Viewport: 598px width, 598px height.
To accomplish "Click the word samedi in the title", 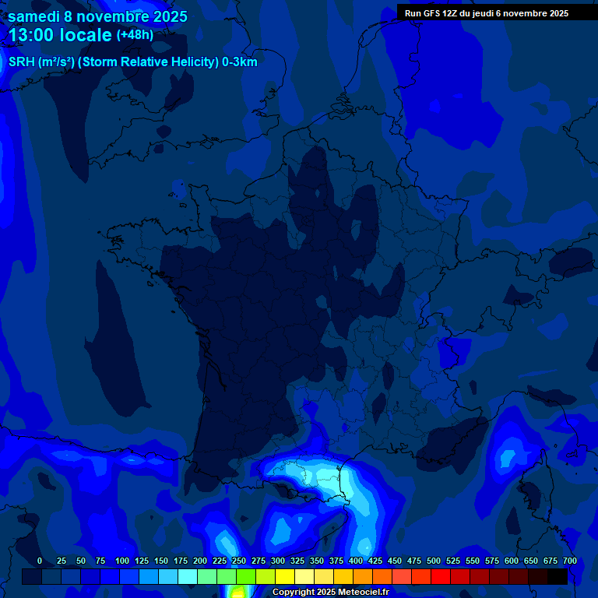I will [33, 16].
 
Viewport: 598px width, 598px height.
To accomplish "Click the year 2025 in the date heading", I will [166, 16].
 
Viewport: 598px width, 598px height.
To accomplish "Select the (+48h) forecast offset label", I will [135, 35].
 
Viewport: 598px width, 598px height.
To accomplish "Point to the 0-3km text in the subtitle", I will [240, 62].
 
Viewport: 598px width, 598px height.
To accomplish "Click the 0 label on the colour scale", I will [40, 561].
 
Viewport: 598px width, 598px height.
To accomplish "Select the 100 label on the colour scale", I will [121, 561].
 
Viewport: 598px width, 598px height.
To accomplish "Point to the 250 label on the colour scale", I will [238, 561].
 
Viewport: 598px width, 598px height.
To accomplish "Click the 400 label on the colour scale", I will [355, 561].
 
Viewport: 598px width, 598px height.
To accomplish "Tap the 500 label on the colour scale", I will [433, 561].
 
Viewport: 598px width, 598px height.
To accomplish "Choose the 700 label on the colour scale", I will [569, 561].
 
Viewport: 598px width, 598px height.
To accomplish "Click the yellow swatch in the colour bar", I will [285, 576].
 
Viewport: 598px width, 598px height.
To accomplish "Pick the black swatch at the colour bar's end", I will [558, 576].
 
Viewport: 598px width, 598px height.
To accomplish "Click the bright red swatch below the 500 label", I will [441, 576].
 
